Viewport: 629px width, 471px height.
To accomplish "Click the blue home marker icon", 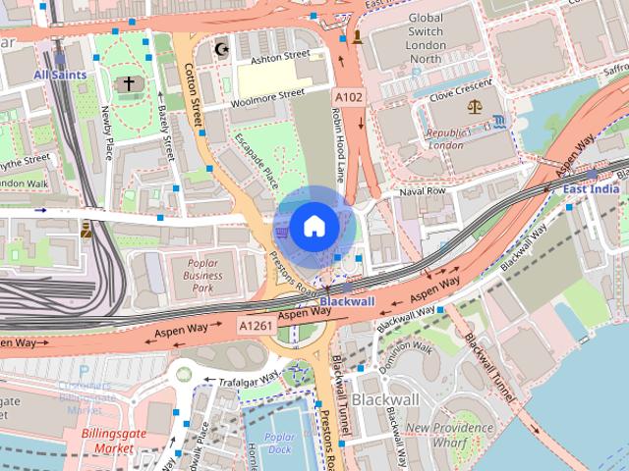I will click(314, 227).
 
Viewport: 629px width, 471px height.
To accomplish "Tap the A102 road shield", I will click(349, 98).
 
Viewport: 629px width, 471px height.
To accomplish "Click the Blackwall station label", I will click(347, 301).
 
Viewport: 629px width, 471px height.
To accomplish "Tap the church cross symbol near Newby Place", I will click(127, 85).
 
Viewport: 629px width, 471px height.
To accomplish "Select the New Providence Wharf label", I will click(450, 434).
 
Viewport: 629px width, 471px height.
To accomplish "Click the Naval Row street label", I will click(424, 190).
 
